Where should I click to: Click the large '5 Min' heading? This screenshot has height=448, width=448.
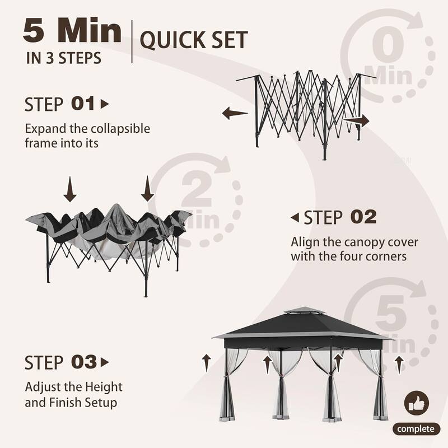(72, 32)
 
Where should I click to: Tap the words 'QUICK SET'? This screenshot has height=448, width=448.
(193, 40)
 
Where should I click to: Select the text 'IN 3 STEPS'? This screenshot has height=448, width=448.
(63, 58)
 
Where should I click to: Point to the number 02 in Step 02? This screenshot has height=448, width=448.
(363, 217)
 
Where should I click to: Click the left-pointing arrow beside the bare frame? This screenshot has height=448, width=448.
(235, 114)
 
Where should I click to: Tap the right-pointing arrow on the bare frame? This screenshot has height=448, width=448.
(357, 120)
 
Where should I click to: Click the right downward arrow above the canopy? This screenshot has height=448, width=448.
(147, 189)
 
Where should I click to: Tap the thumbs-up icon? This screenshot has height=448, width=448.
(417, 403)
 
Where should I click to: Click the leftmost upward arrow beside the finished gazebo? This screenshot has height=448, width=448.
(207, 362)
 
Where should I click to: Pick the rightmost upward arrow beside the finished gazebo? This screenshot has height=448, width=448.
(398, 364)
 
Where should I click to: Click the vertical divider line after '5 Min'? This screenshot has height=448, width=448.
(132, 41)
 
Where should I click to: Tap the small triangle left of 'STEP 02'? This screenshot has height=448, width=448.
(295, 217)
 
